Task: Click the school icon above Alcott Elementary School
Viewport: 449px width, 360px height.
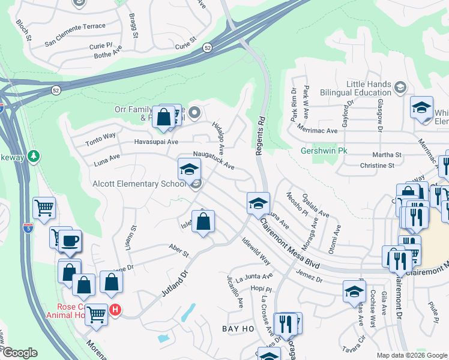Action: (189, 169)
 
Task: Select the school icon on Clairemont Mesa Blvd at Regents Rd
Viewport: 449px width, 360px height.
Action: (258, 203)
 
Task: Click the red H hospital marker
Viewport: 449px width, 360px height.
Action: (115, 310)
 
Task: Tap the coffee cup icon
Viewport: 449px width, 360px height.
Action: (70, 241)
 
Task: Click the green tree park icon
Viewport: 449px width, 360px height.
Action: (34, 157)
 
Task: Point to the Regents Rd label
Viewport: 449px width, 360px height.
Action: (260, 136)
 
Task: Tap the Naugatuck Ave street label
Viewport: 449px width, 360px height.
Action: (213, 160)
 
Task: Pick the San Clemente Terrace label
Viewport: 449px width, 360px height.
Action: (75, 26)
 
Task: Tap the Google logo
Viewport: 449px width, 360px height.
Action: (19, 353)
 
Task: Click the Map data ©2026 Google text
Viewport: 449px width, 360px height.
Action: (411, 355)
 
